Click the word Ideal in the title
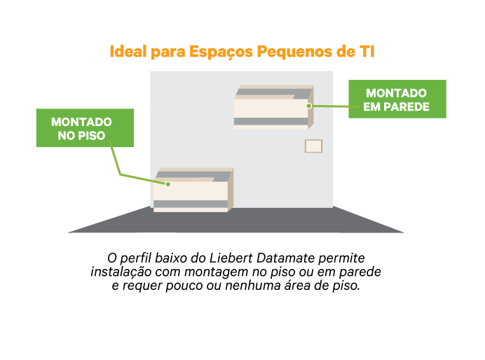pos(128,53)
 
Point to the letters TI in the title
pos(367,53)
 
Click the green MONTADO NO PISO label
pos(85,127)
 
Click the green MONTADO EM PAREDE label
pos(397,99)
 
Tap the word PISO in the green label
pos(91,135)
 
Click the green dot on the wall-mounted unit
pos(308,106)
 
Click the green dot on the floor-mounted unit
pos(168,184)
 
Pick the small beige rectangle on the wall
pos(313,146)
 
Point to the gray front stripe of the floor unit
pos(191,204)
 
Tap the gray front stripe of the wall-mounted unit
pos(271,121)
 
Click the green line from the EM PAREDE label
pos(329,106)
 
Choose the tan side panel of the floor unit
pos(231,189)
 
